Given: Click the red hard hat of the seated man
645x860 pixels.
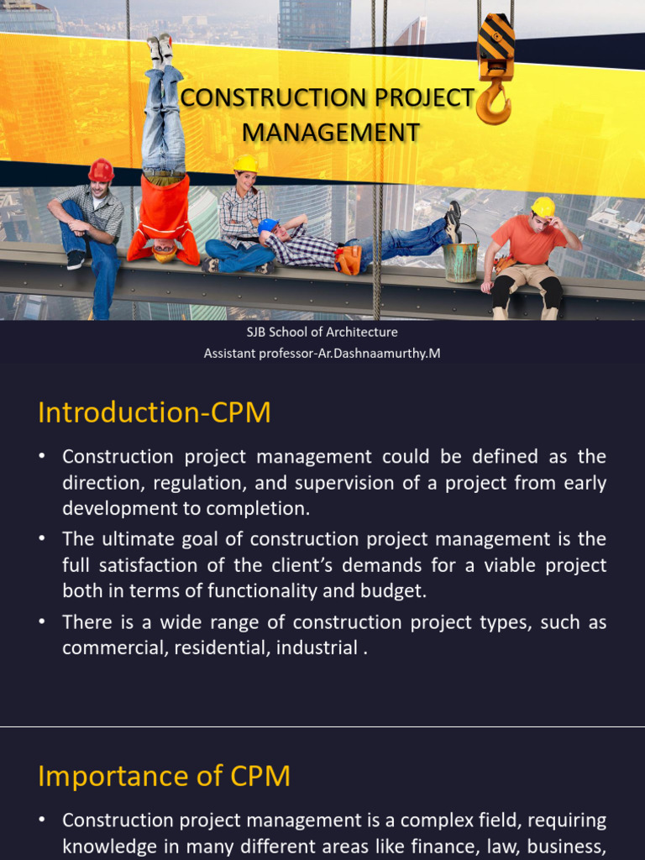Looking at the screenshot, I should (101, 170).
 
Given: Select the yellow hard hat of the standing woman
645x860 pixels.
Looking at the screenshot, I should (246, 163).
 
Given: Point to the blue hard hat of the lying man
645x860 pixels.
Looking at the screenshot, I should (267, 226).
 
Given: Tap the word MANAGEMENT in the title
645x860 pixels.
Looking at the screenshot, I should (331, 132).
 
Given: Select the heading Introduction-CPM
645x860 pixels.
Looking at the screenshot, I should (155, 412).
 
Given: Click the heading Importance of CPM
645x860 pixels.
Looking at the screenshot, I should (165, 776).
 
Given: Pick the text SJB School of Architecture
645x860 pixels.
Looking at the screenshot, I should (322, 333).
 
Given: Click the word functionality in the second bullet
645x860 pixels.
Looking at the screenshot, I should (253, 590).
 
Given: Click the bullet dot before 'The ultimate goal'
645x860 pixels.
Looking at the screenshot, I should (42, 539).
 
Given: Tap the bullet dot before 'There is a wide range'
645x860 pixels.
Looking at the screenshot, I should (42, 622).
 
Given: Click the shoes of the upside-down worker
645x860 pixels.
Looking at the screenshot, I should (160, 48).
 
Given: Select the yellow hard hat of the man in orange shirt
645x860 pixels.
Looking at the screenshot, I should (543, 206).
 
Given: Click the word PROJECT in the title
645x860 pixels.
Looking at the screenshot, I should (423, 98).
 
